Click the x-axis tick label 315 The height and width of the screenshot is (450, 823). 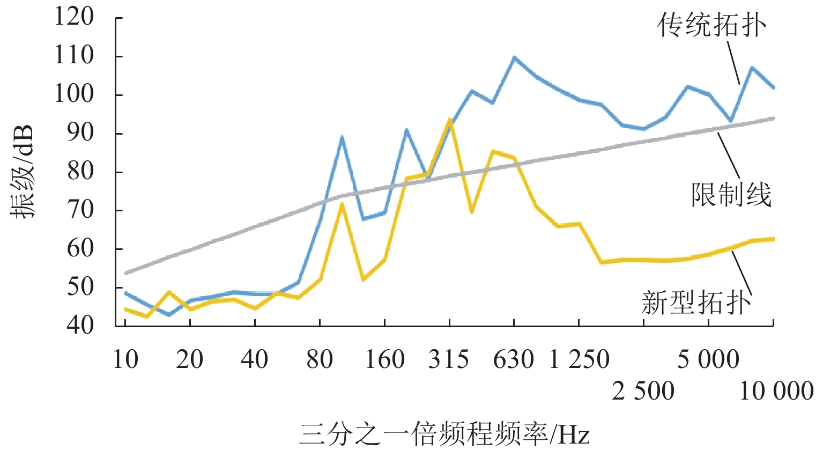pos(449,359)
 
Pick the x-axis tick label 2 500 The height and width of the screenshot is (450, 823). pos(643,392)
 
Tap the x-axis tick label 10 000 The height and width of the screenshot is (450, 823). pos(776,392)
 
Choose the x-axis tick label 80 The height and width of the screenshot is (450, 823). pos(320,359)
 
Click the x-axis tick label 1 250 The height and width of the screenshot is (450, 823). pos(579,359)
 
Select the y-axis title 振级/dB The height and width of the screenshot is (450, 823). pos(24,172)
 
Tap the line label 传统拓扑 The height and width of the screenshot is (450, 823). pos(712,25)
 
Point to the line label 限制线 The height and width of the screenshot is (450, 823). pos(731,195)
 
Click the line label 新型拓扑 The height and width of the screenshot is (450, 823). pos(696,303)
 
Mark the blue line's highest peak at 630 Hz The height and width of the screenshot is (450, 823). pos(514,57)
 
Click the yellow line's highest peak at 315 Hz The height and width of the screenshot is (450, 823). pos(449,119)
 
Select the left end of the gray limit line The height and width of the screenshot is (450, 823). pos(125,273)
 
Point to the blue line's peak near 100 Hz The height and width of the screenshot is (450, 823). pos(342,137)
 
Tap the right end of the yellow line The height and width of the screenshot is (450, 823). pos(773,239)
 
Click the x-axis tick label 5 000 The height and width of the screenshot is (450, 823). pos(708,359)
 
